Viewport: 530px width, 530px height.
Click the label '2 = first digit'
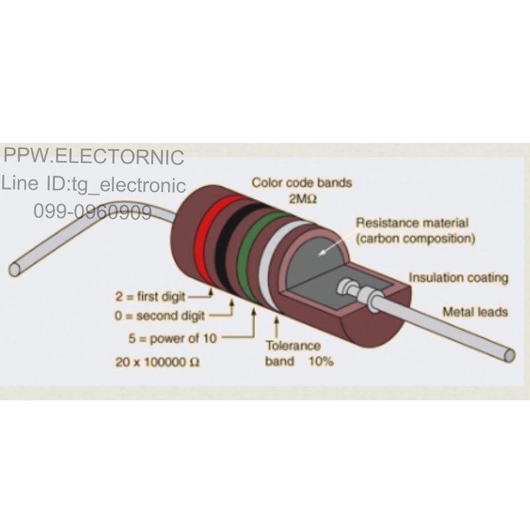click(x=150, y=297)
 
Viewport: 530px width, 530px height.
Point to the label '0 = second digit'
click(x=160, y=316)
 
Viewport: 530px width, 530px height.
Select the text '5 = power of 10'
click(x=172, y=338)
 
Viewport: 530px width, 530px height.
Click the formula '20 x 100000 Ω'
click(x=158, y=362)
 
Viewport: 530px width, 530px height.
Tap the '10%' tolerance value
click(x=321, y=361)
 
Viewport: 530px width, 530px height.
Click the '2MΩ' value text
click(x=303, y=199)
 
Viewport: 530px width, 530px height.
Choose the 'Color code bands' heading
click(x=302, y=183)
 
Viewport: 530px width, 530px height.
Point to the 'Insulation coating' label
click(x=458, y=278)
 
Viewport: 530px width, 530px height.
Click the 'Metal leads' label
click(x=475, y=311)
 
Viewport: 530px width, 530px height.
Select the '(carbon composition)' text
click(x=416, y=238)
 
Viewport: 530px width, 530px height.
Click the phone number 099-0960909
click(x=93, y=212)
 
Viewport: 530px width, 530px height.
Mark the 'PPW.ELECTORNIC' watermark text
click(x=93, y=156)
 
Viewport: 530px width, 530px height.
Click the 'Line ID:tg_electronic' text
click(x=93, y=184)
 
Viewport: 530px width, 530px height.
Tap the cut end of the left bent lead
click(x=15, y=269)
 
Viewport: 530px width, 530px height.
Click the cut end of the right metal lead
click(x=509, y=356)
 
